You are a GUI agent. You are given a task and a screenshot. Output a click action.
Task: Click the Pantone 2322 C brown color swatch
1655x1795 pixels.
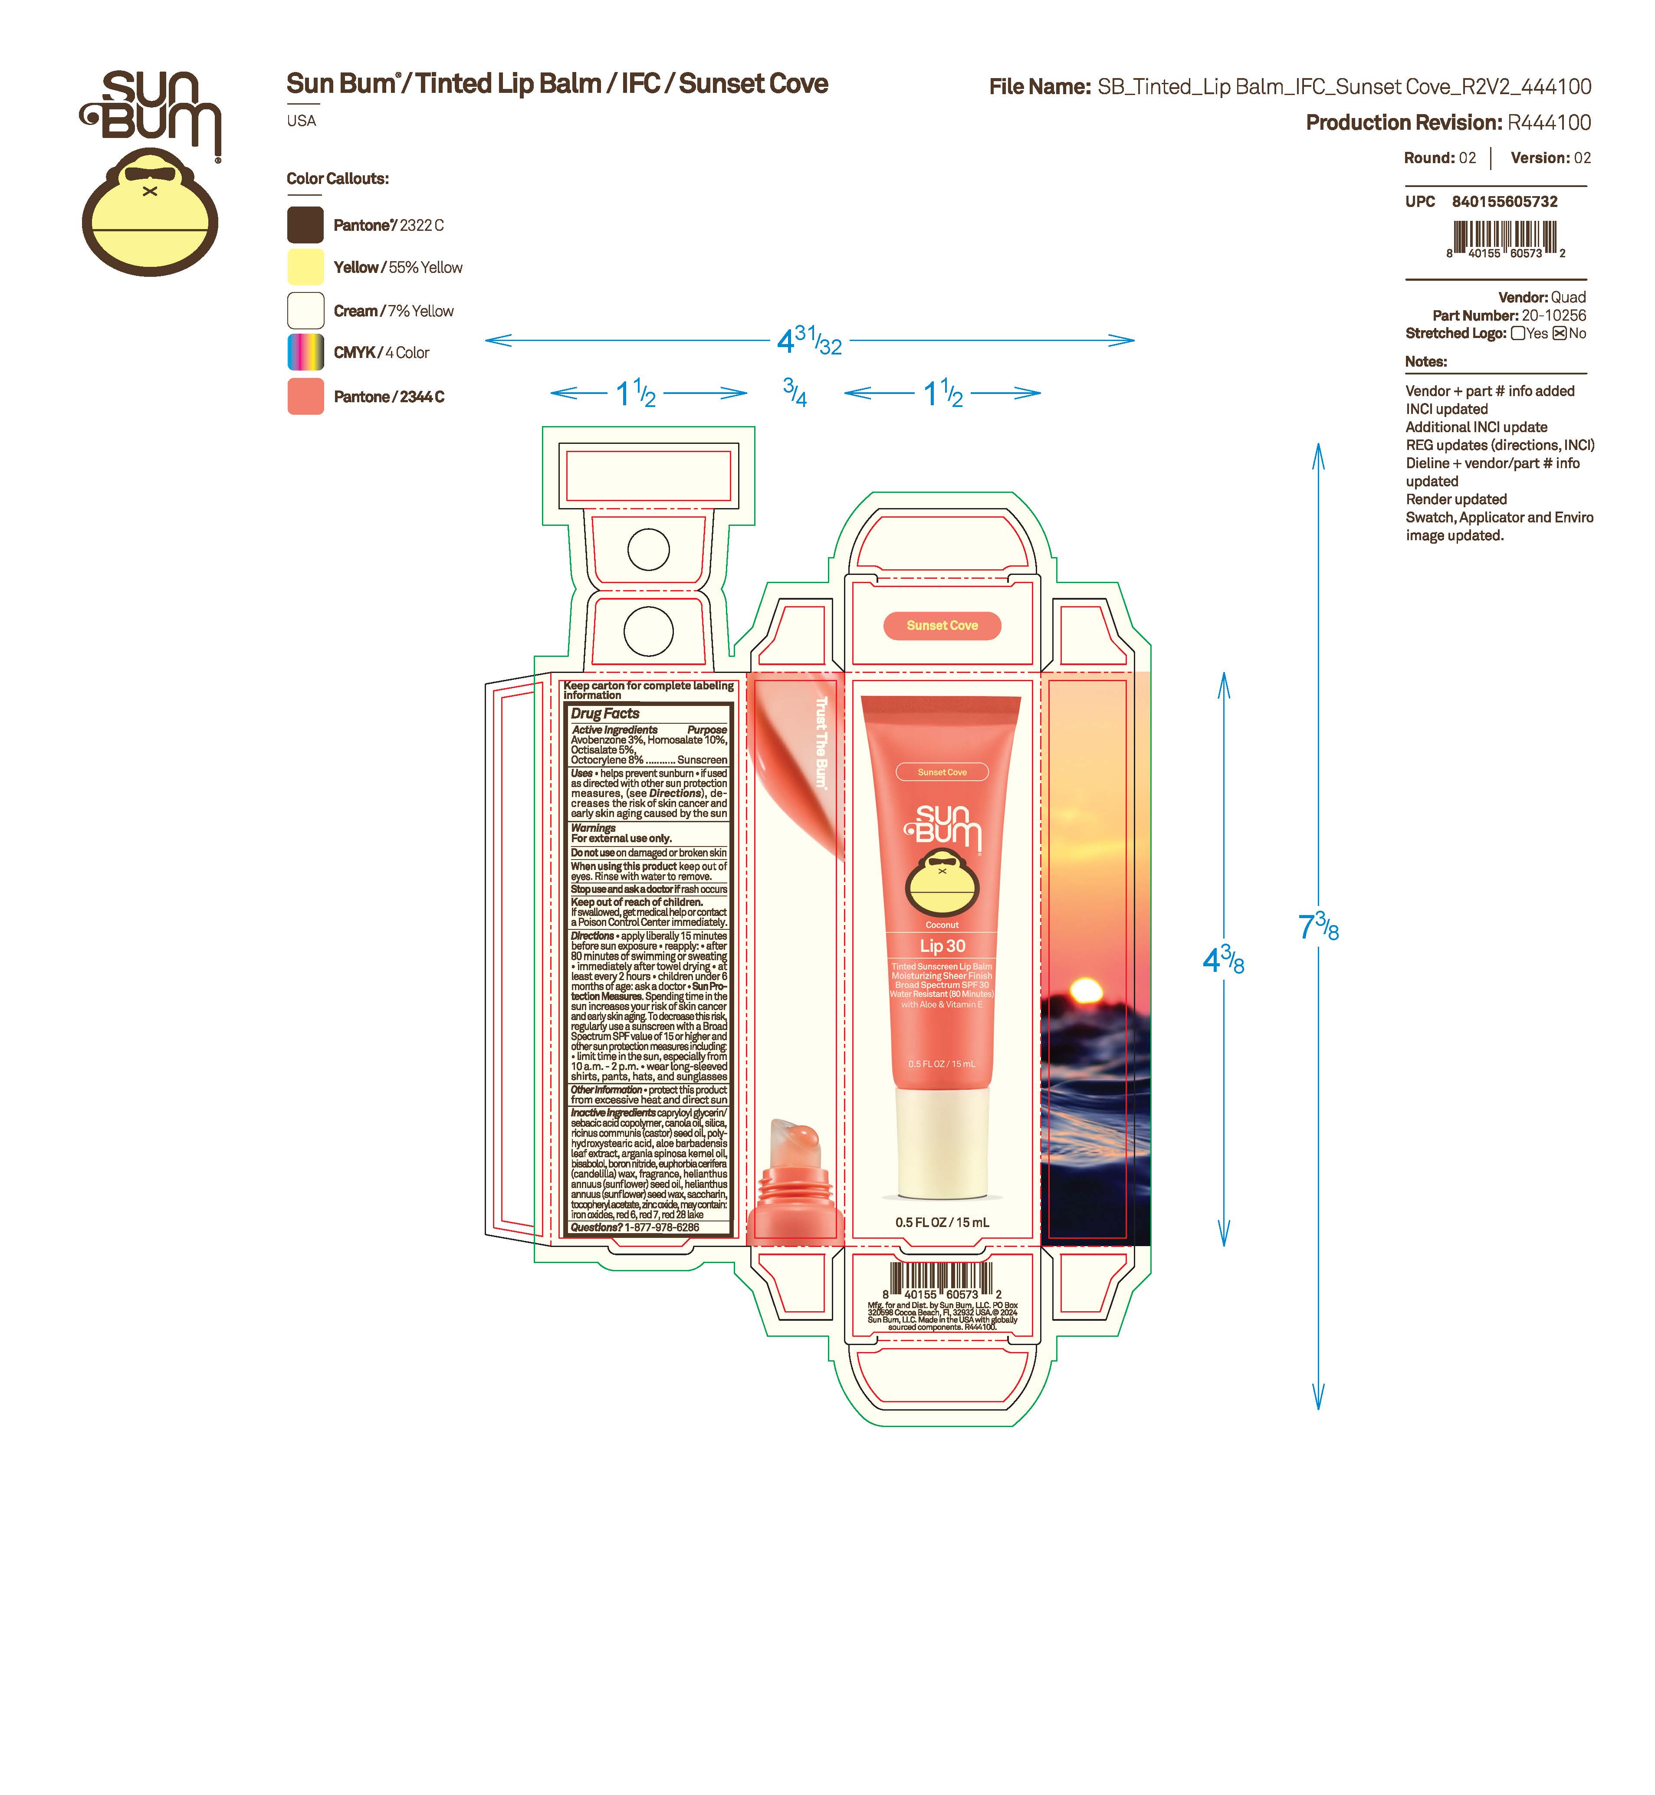tap(305, 225)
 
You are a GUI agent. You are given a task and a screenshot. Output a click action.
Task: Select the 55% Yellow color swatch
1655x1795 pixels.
tap(305, 267)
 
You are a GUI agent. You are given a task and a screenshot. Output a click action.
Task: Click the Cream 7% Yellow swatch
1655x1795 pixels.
tap(305, 311)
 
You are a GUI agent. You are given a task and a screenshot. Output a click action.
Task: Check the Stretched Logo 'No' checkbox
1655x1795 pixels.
tap(1559, 333)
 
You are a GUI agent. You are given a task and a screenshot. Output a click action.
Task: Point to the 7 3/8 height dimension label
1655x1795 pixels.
tap(1318, 927)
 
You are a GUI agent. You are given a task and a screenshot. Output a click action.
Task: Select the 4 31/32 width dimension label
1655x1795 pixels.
tap(810, 340)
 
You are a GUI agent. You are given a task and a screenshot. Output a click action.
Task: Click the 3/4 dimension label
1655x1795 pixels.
tap(795, 392)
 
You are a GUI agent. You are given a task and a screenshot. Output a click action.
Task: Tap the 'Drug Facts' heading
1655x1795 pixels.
tap(605, 713)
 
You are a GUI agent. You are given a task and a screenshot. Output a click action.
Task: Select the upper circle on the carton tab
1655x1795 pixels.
tap(648, 549)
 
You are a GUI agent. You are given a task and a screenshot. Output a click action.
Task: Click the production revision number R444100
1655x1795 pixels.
tap(1549, 123)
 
